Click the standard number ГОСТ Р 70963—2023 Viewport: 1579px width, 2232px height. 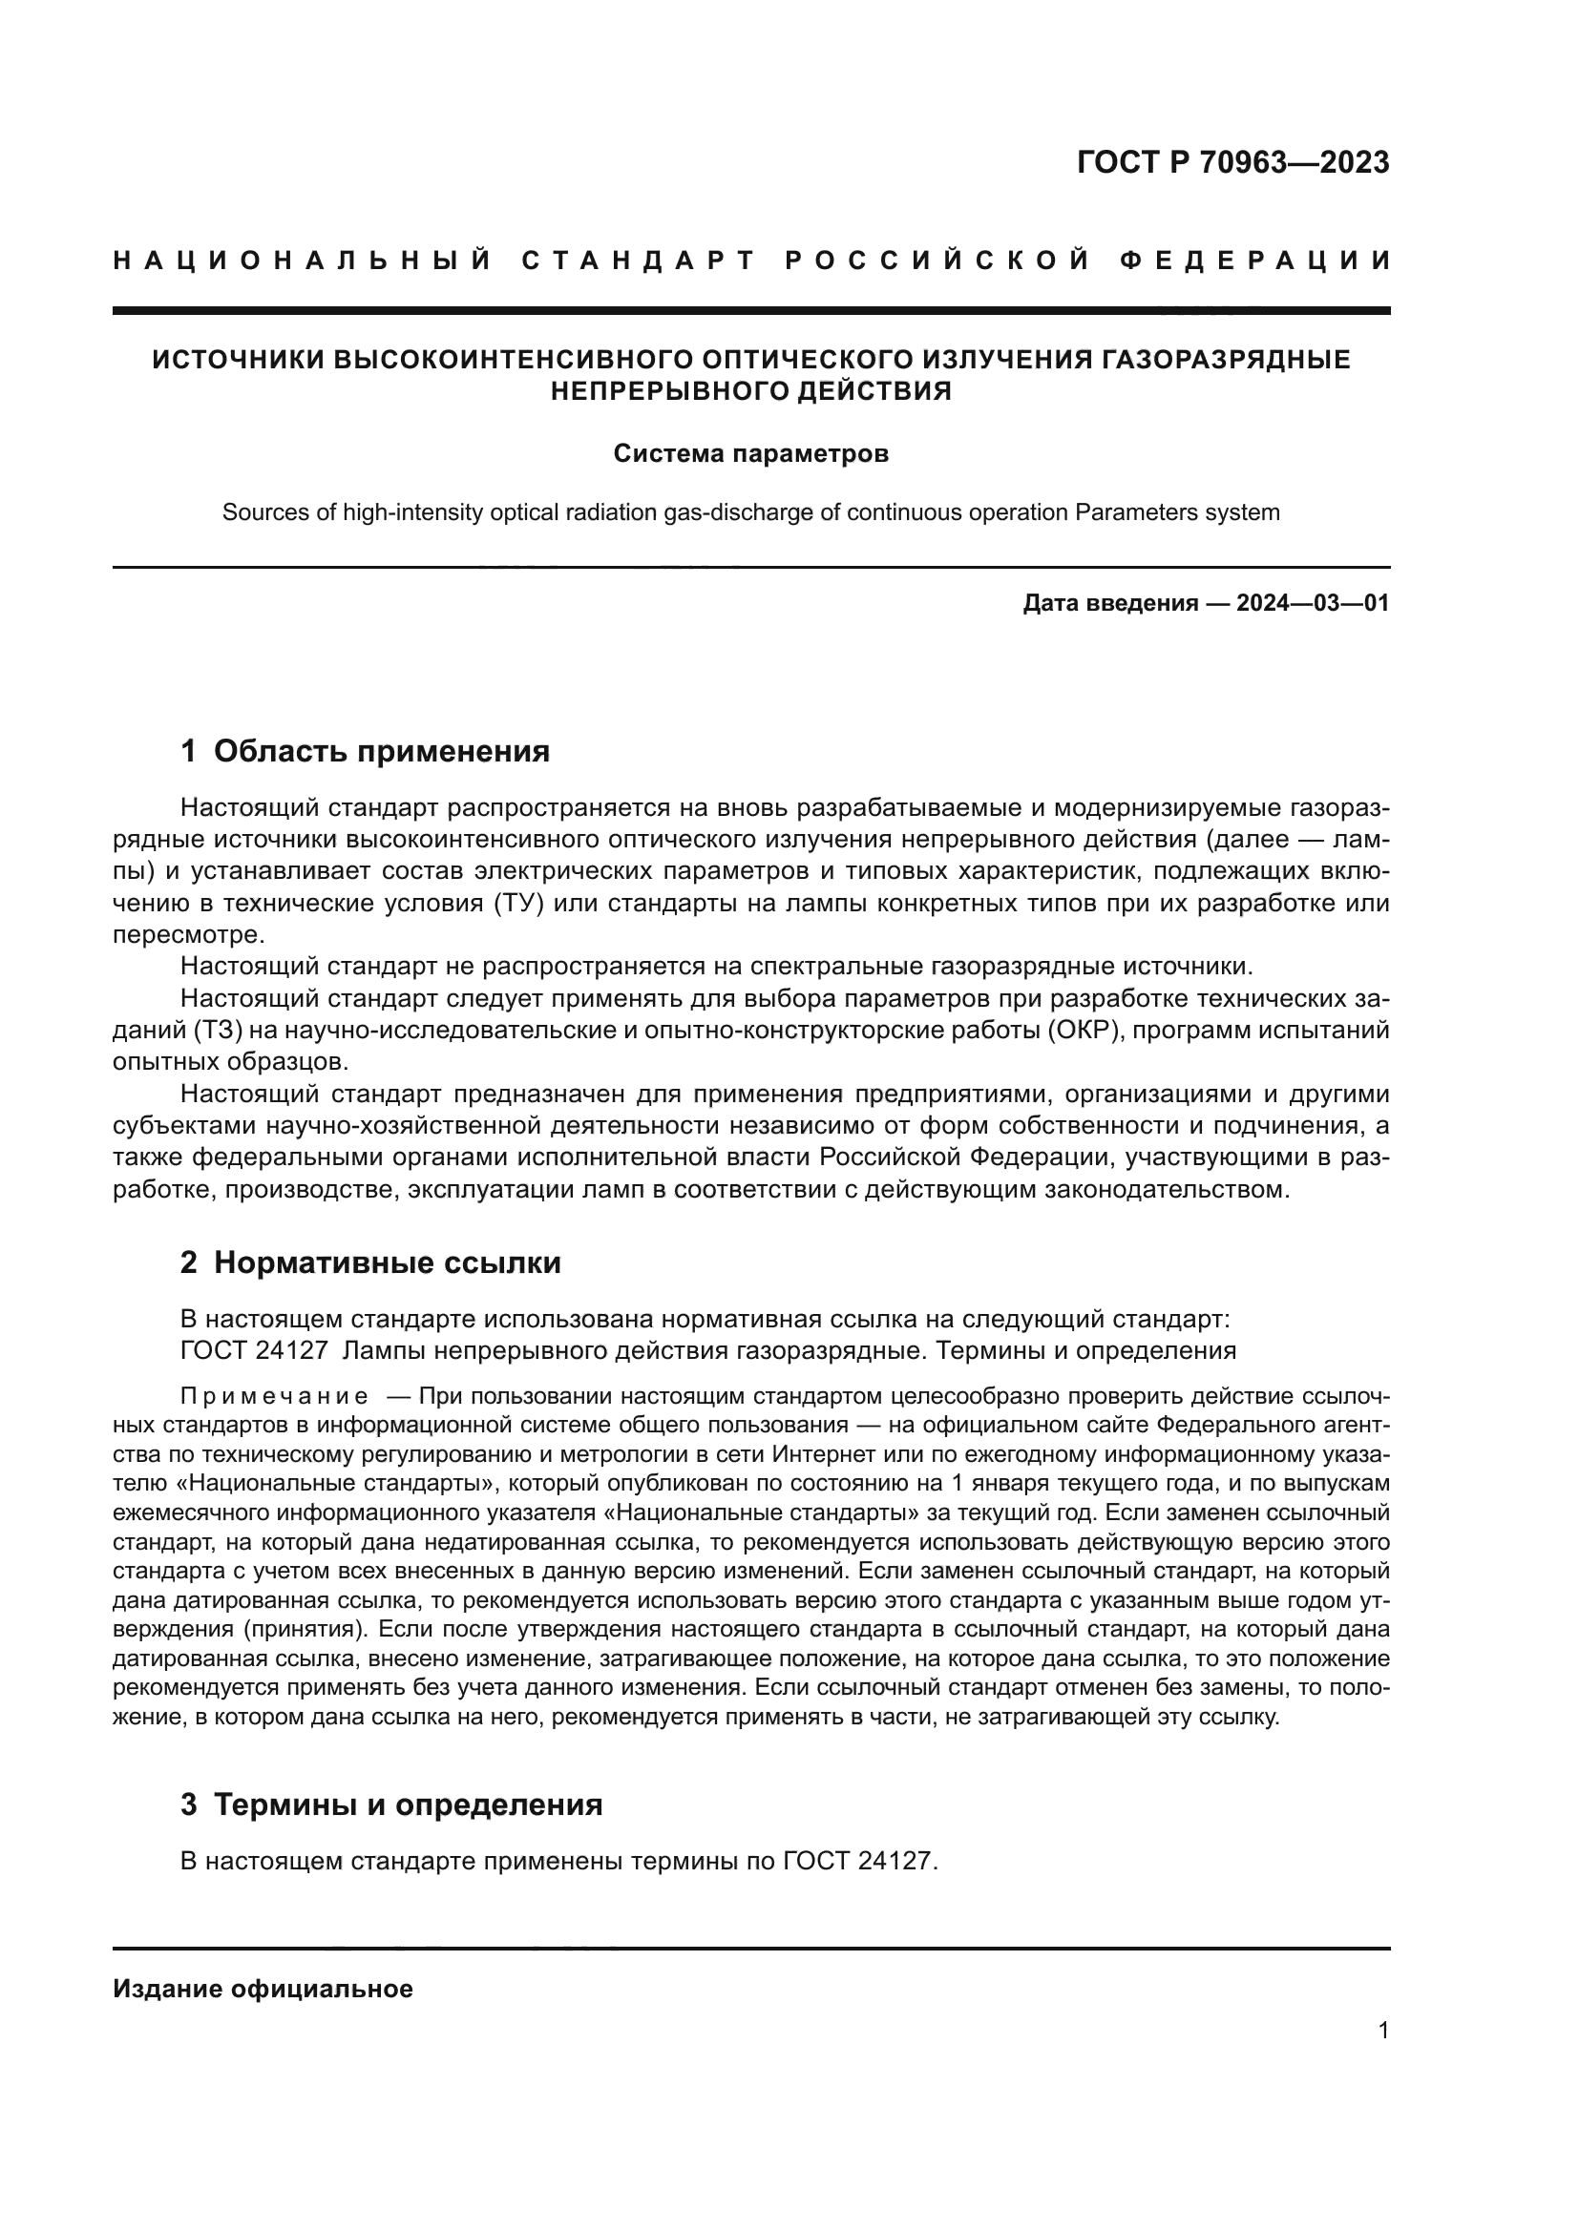tap(1232, 162)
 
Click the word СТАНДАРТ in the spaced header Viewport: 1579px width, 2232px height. tap(639, 261)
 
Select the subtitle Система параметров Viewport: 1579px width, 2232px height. tap(750, 454)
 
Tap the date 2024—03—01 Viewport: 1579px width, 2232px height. tap(1313, 604)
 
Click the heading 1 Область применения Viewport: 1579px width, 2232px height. tap(366, 751)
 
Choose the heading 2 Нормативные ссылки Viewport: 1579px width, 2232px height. tap(370, 1262)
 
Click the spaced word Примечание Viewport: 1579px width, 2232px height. tap(274, 1397)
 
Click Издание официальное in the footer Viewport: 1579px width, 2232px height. tap(263, 1989)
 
